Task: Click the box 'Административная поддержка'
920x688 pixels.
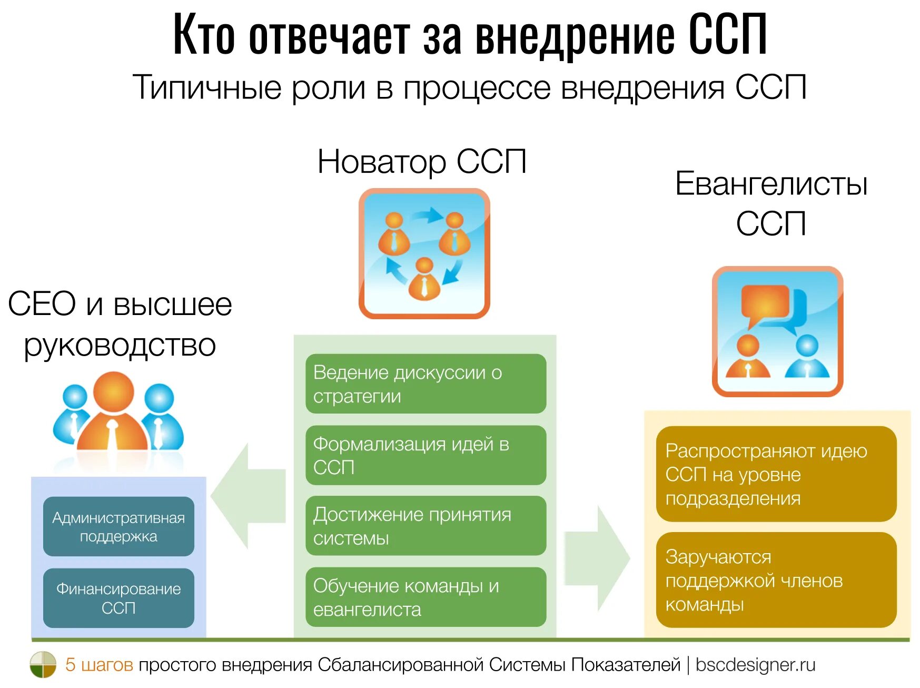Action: (118, 526)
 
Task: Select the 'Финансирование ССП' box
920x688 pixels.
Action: (118, 598)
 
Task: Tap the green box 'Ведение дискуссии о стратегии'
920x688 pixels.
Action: (426, 384)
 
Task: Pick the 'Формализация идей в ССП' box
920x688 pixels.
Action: (426, 455)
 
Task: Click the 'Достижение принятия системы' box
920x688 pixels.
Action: (426, 526)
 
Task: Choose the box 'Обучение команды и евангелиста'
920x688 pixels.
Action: (426, 597)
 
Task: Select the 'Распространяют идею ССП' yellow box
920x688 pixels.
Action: (776, 474)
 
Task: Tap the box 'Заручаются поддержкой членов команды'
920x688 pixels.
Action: (776, 580)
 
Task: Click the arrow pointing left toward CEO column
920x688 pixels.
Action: (247, 496)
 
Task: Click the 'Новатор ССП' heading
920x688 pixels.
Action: (422, 161)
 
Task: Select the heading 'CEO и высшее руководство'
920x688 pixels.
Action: (120, 324)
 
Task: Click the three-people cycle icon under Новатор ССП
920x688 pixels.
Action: (424, 253)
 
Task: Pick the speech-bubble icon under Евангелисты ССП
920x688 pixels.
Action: (777, 331)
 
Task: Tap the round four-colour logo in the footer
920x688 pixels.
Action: (43, 664)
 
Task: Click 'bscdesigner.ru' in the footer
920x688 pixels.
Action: (755, 665)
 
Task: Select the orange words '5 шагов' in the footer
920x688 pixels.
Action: (99, 665)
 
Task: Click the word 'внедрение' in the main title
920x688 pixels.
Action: (575, 36)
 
